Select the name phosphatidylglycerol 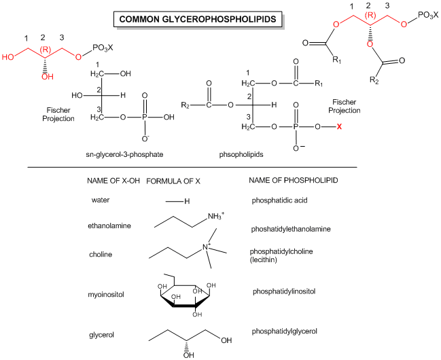(x=285, y=331)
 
